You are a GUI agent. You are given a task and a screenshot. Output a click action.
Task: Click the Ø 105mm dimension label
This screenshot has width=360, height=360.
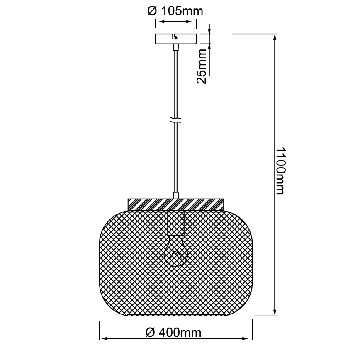coord(175,11)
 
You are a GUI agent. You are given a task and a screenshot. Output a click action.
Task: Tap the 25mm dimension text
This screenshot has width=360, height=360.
coord(202,66)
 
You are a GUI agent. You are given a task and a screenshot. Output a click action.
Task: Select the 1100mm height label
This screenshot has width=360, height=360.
coord(280,170)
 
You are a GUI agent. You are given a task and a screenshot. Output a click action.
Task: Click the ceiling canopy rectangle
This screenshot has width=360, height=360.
coord(175,39)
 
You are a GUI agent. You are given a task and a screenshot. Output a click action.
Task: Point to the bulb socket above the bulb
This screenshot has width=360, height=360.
coord(176,223)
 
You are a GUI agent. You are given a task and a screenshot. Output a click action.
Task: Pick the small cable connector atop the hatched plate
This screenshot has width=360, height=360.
coord(176,195)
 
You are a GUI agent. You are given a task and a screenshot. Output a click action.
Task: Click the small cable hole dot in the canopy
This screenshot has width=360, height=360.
coord(176,38)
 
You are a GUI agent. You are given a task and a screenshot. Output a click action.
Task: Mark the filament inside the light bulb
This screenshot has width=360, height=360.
coord(176,254)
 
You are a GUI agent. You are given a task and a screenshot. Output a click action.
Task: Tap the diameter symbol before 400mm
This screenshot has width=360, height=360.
coord(150,332)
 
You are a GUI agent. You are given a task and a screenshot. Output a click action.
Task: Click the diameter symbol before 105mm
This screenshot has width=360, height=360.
coord(152,11)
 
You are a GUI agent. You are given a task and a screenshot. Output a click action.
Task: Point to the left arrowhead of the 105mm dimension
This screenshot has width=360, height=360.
coord(157,22)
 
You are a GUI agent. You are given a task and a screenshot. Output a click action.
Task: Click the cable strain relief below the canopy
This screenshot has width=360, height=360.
coord(176,47)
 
